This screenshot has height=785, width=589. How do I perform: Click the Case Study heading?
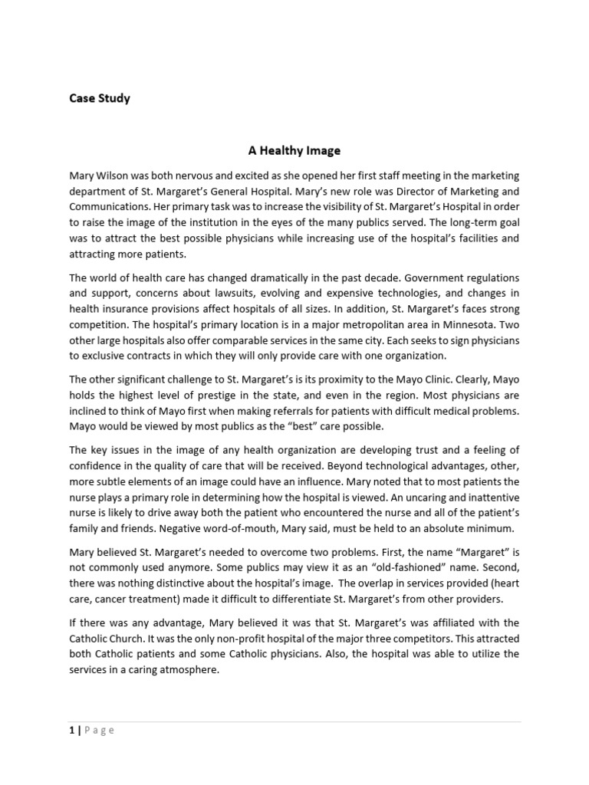click(x=100, y=98)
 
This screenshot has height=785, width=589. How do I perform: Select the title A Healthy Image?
click(x=294, y=151)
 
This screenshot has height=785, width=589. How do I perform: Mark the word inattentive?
click(x=483, y=497)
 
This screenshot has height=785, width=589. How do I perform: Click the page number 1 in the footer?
click(x=71, y=730)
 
